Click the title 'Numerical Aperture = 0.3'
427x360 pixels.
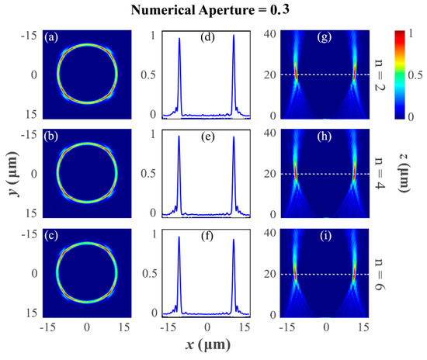click(213, 10)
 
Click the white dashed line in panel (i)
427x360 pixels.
click(327, 274)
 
